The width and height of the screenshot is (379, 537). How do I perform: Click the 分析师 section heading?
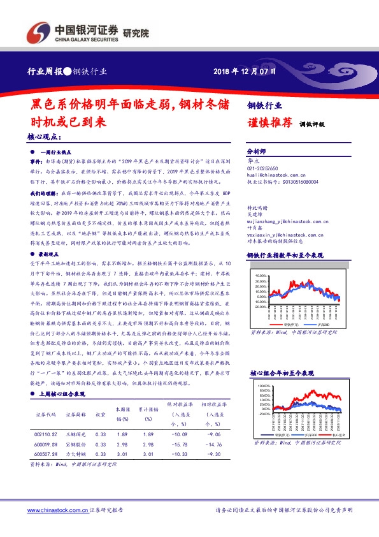click(257, 152)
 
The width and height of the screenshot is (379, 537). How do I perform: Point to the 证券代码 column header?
click(46, 414)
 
